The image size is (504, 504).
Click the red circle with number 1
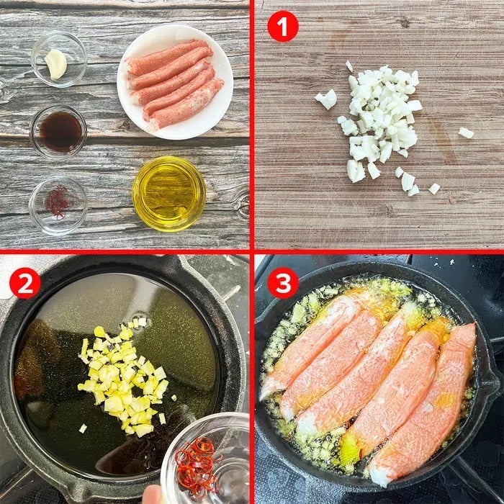(x=283, y=27)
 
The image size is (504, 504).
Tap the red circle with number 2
(x=25, y=283)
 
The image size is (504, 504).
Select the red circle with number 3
(x=283, y=283)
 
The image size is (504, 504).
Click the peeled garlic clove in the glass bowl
(x=56, y=64)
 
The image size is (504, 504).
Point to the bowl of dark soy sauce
(x=58, y=132)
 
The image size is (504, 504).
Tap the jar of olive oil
(x=169, y=194)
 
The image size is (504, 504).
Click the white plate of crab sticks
(x=175, y=81)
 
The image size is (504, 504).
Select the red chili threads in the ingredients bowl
(x=58, y=202)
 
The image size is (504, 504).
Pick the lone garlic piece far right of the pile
(x=466, y=132)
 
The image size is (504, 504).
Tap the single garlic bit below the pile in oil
(x=83, y=428)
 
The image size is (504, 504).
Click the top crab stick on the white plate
(x=167, y=56)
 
